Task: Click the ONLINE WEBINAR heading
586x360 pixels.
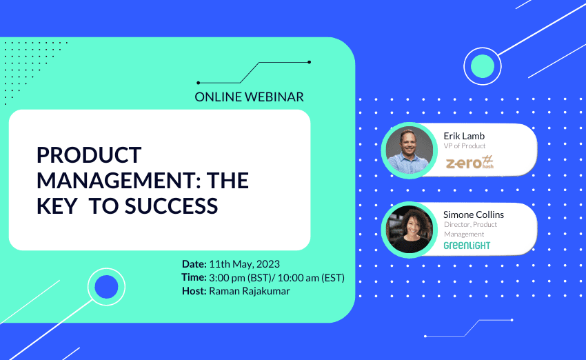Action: [x=249, y=97]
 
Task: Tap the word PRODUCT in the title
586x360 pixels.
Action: [x=89, y=154]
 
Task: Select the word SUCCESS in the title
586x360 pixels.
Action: [x=171, y=206]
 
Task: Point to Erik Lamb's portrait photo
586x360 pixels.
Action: [x=410, y=150]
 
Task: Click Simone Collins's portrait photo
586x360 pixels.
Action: [x=410, y=230]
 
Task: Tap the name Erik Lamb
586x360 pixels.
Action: [x=464, y=136]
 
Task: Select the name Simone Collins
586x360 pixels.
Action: [x=474, y=214]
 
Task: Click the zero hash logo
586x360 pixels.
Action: [x=469, y=163]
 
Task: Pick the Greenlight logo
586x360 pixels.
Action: [x=467, y=246]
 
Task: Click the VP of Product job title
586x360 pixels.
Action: [x=465, y=146]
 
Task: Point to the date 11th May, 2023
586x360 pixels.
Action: [x=245, y=264]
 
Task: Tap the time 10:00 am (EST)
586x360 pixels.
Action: [x=311, y=278]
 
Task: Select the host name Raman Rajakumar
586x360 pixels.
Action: [x=250, y=291]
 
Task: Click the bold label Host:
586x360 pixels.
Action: [x=194, y=291]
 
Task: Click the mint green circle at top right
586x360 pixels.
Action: [x=483, y=66]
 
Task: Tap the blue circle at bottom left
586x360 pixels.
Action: [x=106, y=287]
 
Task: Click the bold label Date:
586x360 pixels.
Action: [x=194, y=264]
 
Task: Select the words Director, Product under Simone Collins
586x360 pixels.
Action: [x=470, y=224]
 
